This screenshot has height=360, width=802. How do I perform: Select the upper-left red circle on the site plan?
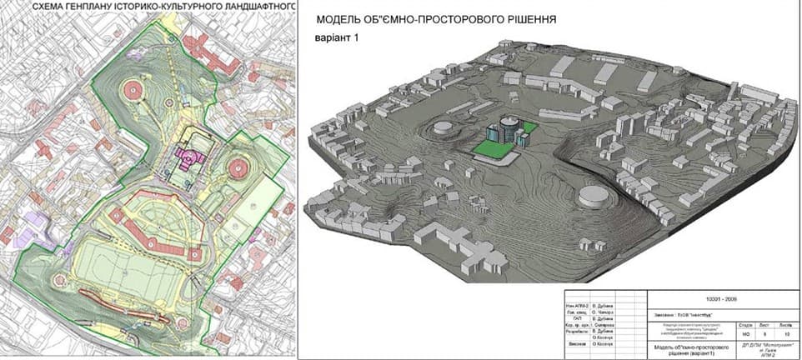pyautogui.click(x=133, y=87)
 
